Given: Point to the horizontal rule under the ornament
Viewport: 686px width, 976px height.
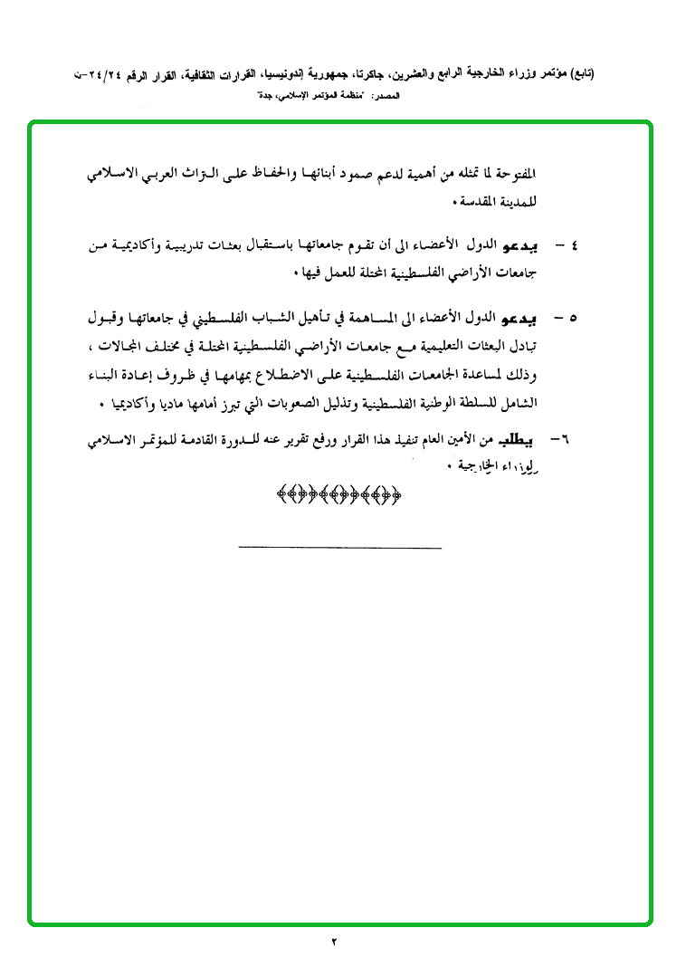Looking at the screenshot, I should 340,548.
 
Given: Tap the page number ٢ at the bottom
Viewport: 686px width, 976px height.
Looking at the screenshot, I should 334,943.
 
